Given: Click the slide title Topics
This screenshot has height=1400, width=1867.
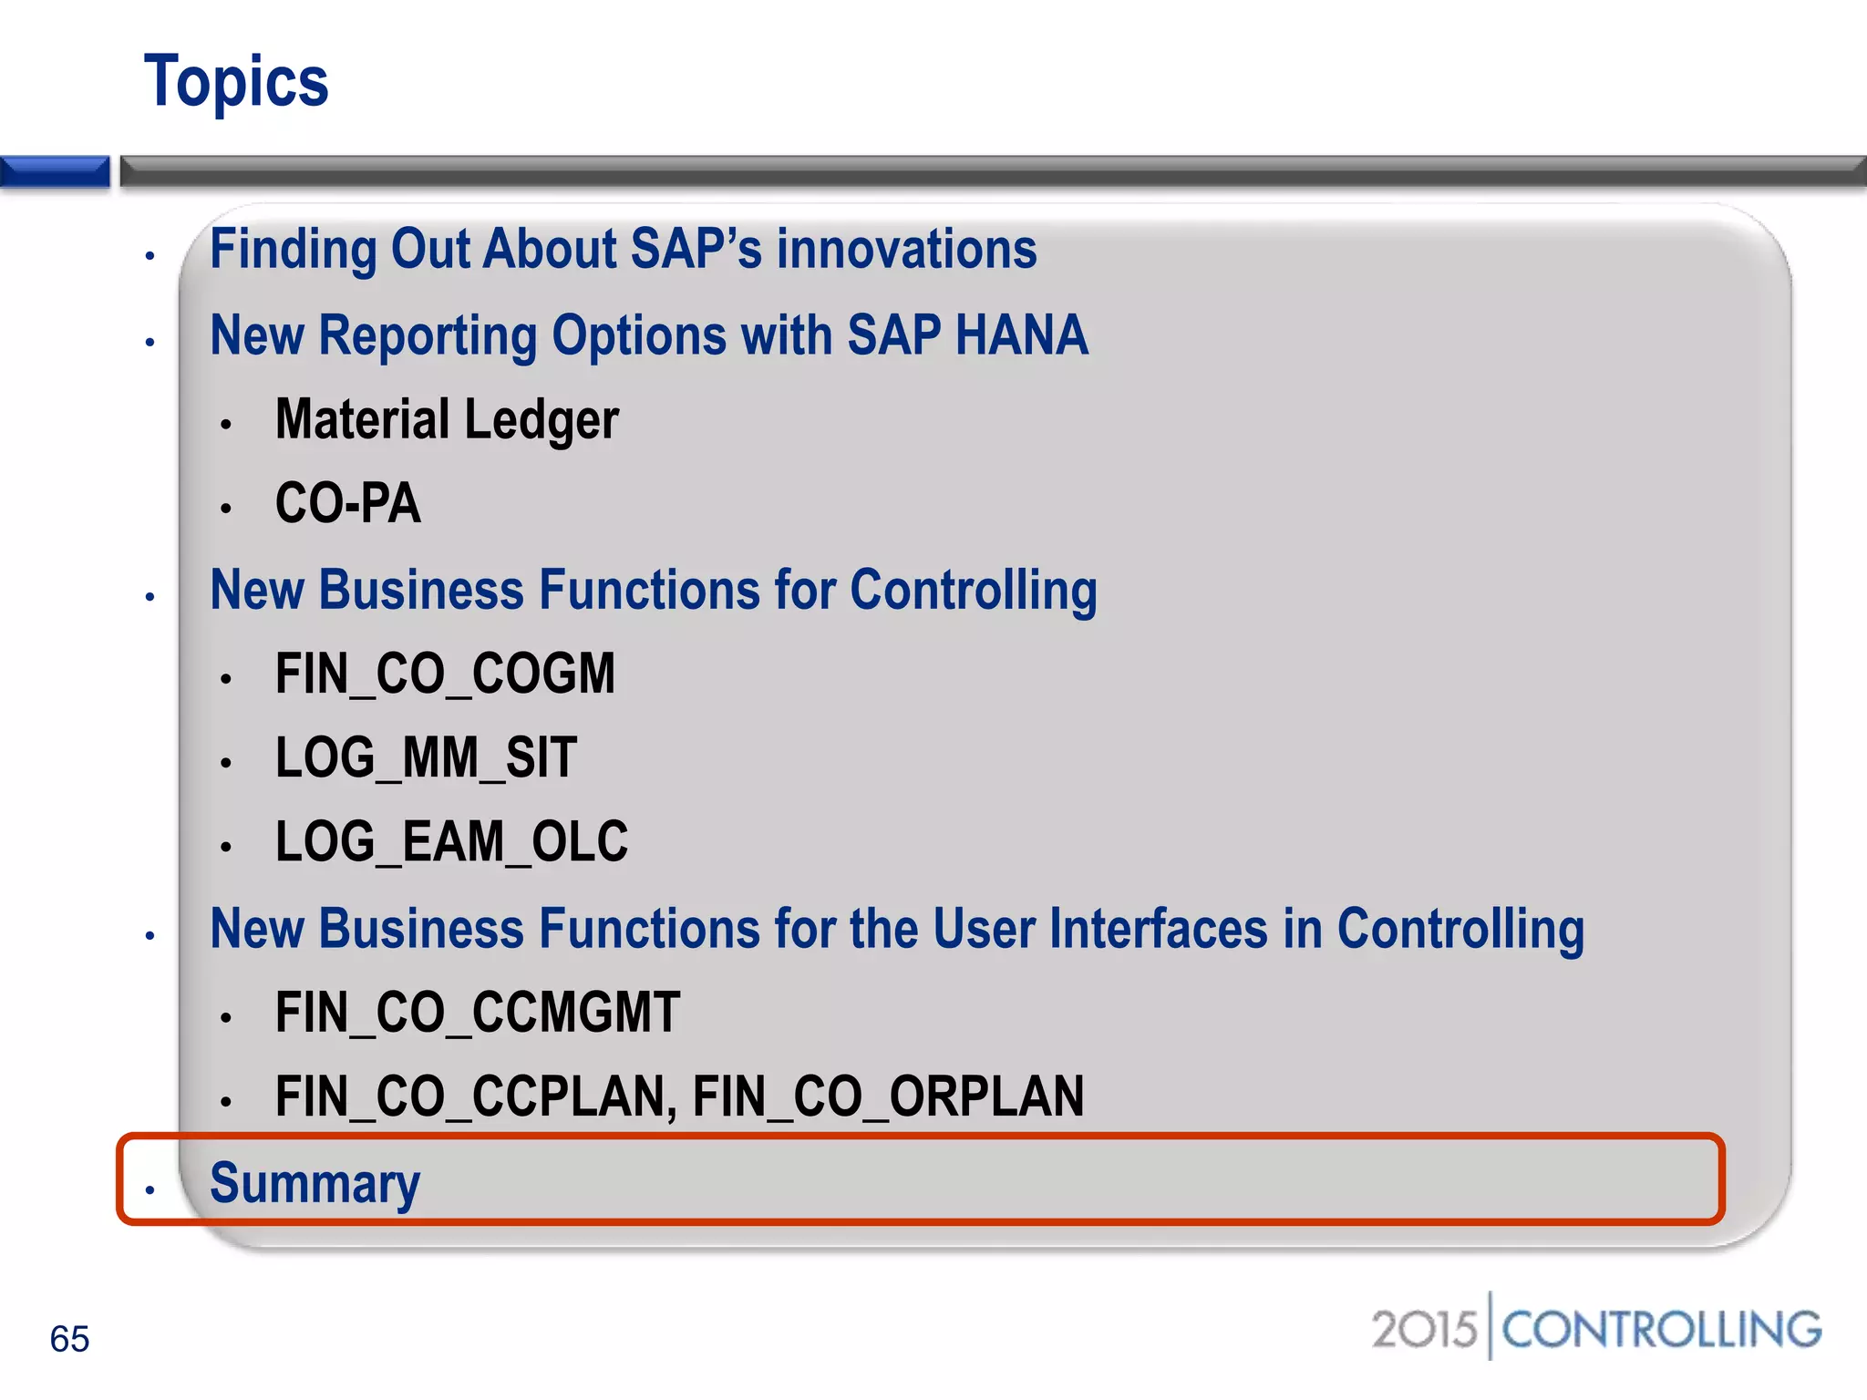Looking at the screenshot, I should click(236, 82).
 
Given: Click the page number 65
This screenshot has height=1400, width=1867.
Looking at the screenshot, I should click(69, 1339).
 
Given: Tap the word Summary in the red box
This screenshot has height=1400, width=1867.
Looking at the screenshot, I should click(315, 1183).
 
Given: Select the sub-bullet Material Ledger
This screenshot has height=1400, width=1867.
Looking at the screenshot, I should click(447, 419).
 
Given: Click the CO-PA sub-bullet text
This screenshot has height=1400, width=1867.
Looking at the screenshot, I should click(347, 503).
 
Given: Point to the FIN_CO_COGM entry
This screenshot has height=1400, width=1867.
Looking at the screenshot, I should click(445, 674).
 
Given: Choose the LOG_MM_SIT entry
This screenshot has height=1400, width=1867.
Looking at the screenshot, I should click(426, 757).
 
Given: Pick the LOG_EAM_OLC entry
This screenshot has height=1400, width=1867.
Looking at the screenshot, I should click(451, 841).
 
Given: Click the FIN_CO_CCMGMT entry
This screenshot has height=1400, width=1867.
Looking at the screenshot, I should click(478, 1013).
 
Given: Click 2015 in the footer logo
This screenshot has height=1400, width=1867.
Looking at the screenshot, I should click(1423, 1329).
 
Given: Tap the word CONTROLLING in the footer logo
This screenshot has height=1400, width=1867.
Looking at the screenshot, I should click(1661, 1329).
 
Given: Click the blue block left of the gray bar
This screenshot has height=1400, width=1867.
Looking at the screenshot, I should click(55, 171).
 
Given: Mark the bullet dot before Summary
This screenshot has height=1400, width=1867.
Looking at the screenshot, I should click(150, 1189).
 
